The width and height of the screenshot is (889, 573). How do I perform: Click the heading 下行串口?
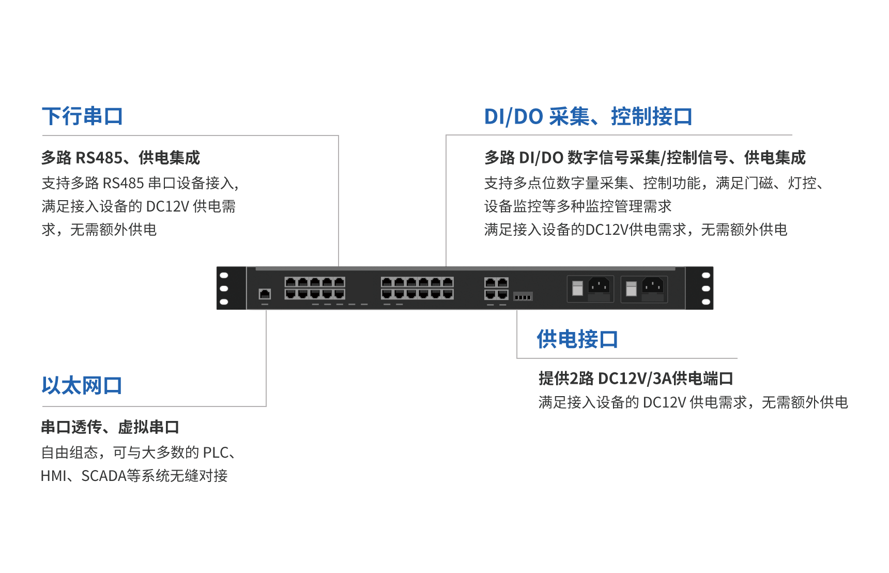[82, 116]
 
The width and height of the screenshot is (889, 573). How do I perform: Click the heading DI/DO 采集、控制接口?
[588, 116]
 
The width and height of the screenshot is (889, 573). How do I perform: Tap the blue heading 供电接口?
[577, 339]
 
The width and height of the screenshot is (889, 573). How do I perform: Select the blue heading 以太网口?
[82, 386]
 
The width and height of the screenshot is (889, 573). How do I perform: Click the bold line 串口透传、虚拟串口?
[110, 427]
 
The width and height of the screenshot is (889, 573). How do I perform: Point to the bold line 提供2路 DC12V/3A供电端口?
[635, 379]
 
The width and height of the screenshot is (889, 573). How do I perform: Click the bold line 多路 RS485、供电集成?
[120, 158]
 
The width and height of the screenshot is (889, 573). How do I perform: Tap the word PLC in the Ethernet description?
[216, 453]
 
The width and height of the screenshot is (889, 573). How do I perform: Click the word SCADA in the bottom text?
[104, 476]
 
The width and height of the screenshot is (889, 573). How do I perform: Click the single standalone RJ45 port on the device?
[265, 294]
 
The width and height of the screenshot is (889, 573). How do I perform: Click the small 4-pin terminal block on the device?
[523, 296]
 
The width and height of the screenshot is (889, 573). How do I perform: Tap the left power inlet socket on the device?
[599, 286]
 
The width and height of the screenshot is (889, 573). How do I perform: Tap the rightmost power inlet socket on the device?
[653, 286]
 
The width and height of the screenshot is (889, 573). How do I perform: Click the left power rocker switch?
[578, 289]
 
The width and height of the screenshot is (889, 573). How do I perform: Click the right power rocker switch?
[631, 289]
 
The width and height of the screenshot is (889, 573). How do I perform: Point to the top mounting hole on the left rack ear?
[224, 275]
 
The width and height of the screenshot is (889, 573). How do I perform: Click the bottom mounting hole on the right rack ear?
[706, 302]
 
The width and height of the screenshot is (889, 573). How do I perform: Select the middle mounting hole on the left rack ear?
[224, 289]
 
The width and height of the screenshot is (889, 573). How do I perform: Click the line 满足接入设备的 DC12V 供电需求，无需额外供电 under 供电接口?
[693, 402]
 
